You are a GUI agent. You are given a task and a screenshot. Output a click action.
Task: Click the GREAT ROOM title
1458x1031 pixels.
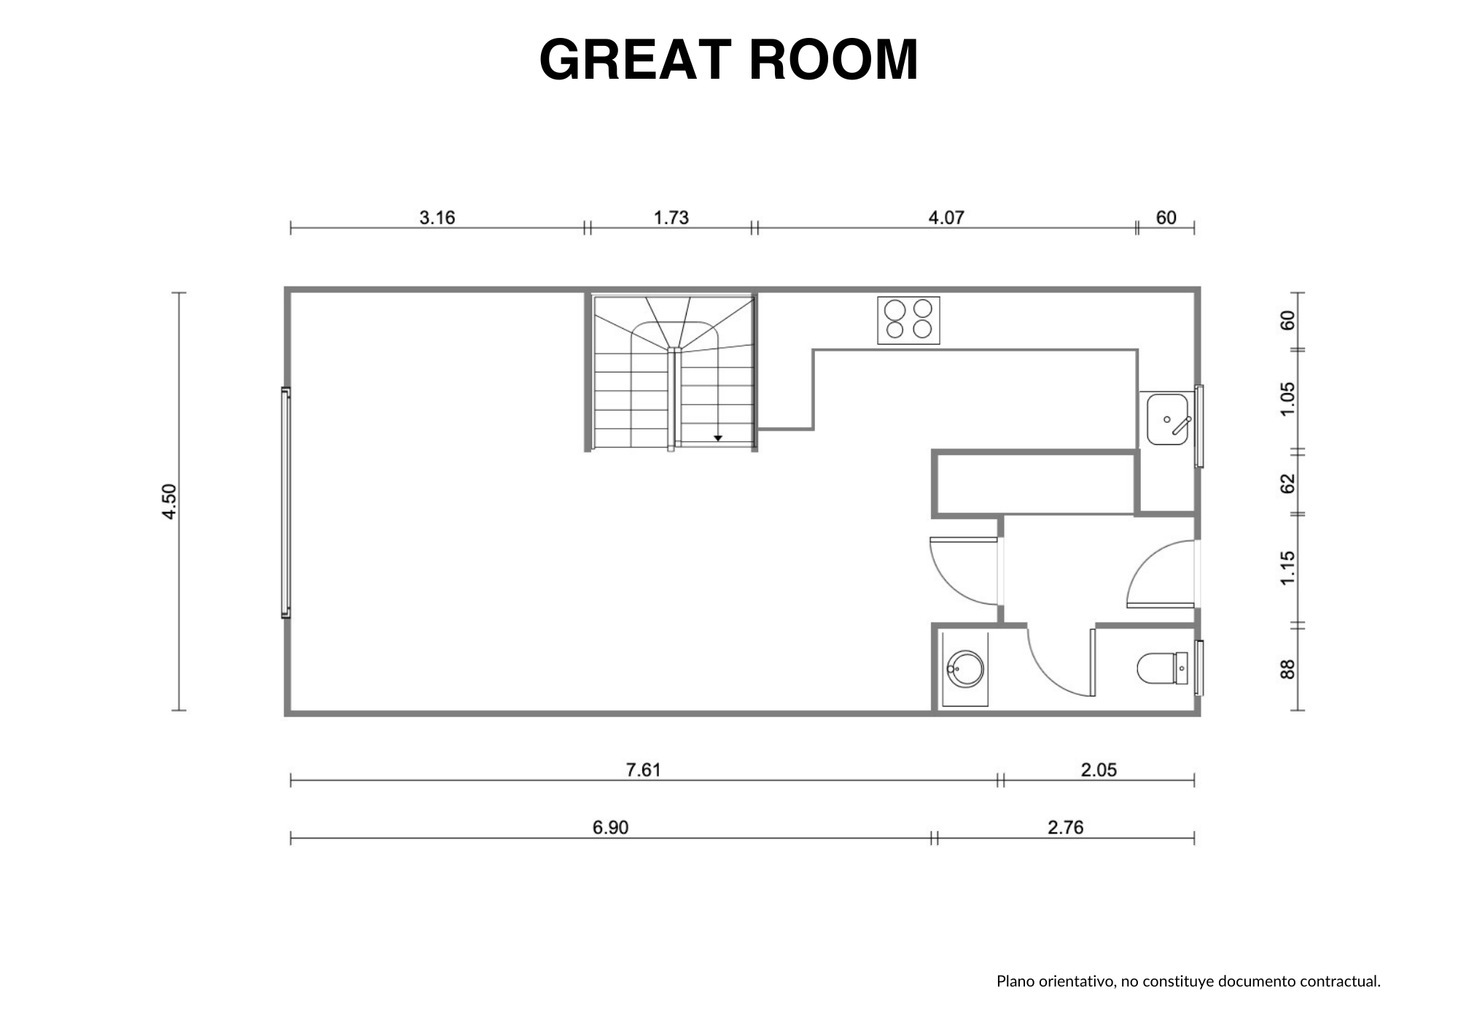click(728, 59)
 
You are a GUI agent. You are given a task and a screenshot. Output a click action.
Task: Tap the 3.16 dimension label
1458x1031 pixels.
click(437, 217)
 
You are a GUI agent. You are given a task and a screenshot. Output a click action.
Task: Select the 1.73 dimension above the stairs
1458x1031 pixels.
click(671, 217)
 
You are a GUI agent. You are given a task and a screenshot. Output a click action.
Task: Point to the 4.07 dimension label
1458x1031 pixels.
click(946, 217)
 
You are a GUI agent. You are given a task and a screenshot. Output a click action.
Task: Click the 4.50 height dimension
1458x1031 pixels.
click(168, 502)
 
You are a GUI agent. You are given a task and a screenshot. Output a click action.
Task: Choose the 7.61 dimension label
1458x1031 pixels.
click(643, 770)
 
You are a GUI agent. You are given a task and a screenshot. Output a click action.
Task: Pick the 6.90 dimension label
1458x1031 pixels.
click(610, 828)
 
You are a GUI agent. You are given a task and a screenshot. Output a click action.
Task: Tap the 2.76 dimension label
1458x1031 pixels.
click(1066, 828)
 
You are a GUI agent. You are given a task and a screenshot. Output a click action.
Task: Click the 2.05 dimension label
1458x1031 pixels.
click(1099, 770)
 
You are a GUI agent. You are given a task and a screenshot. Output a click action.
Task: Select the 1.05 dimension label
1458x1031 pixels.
click(1288, 400)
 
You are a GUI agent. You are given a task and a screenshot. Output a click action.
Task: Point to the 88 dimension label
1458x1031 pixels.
click(1288, 669)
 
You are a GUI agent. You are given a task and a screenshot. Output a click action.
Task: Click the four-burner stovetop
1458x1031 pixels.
click(908, 320)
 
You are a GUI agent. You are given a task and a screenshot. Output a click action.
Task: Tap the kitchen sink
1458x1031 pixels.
click(1169, 419)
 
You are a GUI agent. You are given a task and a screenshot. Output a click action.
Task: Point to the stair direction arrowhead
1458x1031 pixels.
click(718, 438)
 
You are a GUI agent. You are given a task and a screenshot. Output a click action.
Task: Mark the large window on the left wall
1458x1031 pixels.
click(286, 502)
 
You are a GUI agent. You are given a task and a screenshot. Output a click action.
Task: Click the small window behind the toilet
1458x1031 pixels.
click(1199, 668)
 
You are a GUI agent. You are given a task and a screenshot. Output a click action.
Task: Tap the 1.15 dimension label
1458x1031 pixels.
click(1288, 567)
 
